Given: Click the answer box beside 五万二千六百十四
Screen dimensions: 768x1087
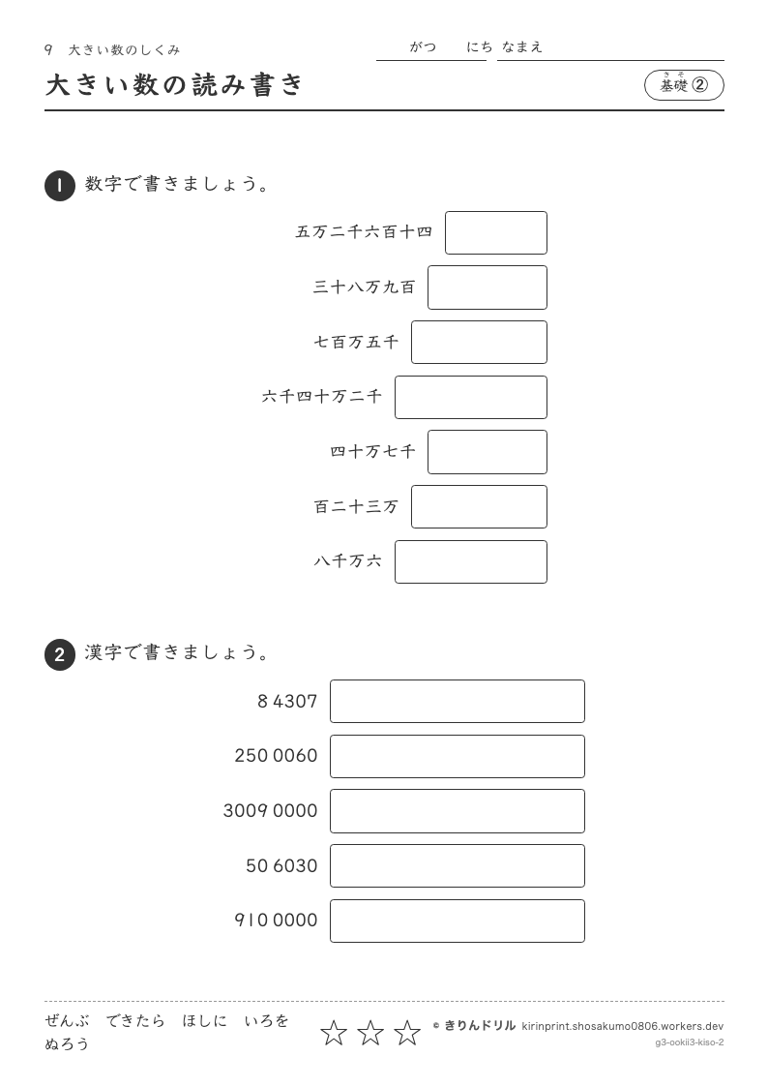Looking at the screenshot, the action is (x=496, y=233).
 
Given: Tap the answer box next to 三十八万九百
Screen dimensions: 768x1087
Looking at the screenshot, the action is (x=487, y=287).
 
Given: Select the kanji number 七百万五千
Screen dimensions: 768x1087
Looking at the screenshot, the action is (x=356, y=342).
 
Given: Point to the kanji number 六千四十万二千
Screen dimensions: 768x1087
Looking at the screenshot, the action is (x=321, y=397).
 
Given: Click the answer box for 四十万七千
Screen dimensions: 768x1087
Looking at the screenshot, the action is (x=487, y=452).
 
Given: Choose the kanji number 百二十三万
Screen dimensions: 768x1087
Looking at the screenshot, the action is (x=356, y=507).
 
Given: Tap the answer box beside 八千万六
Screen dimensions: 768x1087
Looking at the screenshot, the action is (x=471, y=561).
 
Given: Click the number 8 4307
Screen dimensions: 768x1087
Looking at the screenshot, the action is (x=287, y=702).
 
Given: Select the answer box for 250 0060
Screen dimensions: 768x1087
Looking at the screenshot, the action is (x=458, y=756).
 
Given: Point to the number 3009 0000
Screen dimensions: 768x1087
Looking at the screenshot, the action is (x=270, y=810).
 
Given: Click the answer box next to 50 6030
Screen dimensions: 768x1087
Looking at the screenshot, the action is (x=458, y=866).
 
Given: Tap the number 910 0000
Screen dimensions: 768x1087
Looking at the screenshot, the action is (x=276, y=920).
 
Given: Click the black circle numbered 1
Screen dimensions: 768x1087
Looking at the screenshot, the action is (x=60, y=186).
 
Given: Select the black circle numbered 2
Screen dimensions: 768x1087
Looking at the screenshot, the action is (x=60, y=654).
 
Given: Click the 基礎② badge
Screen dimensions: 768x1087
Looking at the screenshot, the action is (x=684, y=85).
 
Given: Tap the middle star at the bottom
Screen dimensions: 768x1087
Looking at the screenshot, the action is (x=370, y=1033).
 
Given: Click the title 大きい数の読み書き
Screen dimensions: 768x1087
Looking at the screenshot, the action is (x=174, y=85).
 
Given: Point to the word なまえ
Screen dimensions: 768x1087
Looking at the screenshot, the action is (x=522, y=47).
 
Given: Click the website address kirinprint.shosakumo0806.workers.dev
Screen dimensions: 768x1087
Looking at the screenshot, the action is (x=623, y=1026).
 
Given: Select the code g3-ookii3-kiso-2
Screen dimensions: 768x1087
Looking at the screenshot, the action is (x=690, y=1042).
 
